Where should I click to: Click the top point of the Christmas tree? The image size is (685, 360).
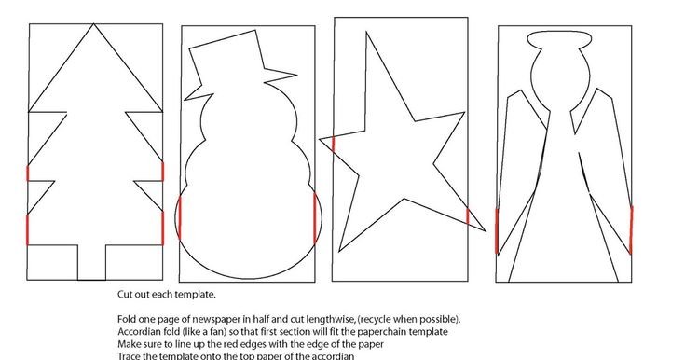tap(93, 24)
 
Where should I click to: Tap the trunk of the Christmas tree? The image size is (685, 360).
tap(91, 262)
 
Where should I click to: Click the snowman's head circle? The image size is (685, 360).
tap(249, 119)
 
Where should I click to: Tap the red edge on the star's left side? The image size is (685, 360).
tap(334, 144)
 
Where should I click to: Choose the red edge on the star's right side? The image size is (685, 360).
tap(468, 216)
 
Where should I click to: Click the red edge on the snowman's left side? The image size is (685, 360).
tap(180, 218)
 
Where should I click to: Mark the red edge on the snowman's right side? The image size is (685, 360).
tap(315, 218)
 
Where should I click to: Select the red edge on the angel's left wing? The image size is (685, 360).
tap(497, 231)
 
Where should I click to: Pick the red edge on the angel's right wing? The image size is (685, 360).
tap(631, 229)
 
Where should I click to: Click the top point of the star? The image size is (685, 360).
tap(366, 33)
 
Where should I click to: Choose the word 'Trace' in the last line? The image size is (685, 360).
tap(128, 356)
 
